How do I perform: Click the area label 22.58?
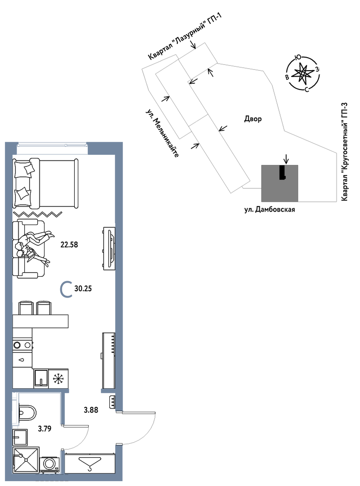click(69, 245)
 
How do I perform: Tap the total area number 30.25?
click(83, 288)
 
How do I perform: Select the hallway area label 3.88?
click(91, 410)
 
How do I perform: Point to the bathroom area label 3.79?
click(45, 429)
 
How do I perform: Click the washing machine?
click(49, 463)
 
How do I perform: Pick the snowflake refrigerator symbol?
click(58, 378)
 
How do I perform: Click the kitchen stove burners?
click(22, 345)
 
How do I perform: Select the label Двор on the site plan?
click(253, 119)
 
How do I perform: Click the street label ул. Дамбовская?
click(270, 210)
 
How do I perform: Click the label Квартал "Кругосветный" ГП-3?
click(345, 152)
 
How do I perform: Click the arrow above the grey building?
click(286, 159)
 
